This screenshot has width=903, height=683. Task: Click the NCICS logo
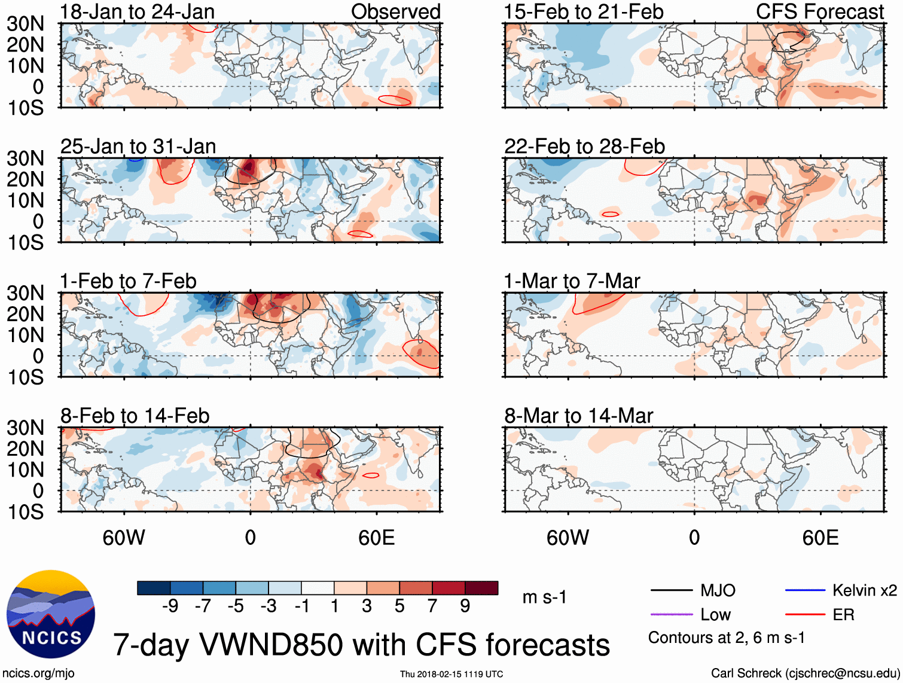click(x=51, y=614)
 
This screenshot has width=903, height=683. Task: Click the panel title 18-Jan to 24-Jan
click(x=137, y=12)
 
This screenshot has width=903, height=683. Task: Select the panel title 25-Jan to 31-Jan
click(x=138, y=147)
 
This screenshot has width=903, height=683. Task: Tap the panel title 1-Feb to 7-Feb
click(x=128, y=281)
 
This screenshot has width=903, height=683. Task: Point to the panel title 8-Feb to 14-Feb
click(x=135, y=416)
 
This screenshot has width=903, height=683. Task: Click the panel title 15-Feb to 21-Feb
click(x=584, y=12)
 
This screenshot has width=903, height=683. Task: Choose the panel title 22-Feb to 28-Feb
click(x=584, y=147)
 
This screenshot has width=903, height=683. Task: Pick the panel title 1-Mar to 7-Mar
click(x=572, y=281)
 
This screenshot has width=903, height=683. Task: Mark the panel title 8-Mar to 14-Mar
click(x=578, y=416)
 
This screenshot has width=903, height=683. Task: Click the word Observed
click(x=395, y=12)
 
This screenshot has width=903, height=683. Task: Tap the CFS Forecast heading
click(x=819, y=12)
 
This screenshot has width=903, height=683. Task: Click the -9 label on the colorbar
click(x=170, y=606)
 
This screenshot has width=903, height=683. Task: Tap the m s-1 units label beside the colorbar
click(x=544, y=597)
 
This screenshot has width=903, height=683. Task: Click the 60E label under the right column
click(x=820, y=538)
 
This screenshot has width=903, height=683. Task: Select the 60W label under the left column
click(x=124, y=538)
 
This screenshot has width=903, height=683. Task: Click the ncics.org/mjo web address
click(x=38, y=673)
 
